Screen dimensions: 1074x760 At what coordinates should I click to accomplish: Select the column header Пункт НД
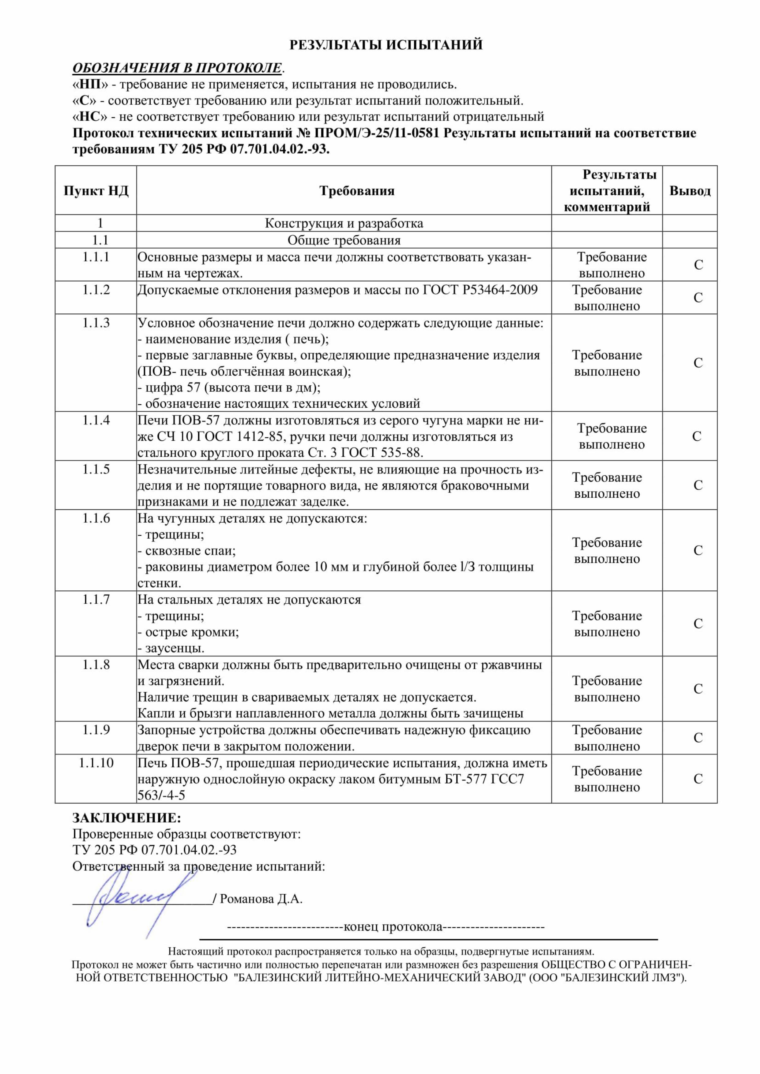[x=96, y=191]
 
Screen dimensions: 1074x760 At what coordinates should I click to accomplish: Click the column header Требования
[x=357, y=191]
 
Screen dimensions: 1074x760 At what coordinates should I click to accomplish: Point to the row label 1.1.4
[x=96, y=421]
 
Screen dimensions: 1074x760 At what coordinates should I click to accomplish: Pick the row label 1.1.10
[x=96, y=763]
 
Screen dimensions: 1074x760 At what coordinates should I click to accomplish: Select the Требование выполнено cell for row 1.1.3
[x=607, y=363]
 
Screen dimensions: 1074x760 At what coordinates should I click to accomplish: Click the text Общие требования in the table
[x=344, y=241]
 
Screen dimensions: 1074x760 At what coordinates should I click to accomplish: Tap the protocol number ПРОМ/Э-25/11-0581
[x=377, y=133]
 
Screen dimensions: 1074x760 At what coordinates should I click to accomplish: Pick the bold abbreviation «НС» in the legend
[x=90, y=117]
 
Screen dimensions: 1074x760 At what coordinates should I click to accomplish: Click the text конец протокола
[x=393, y=927]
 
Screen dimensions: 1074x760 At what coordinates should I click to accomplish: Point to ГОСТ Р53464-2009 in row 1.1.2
[x=480, y=290]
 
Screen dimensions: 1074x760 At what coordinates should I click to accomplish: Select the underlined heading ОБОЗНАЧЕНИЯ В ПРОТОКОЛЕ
[x=177, y=68]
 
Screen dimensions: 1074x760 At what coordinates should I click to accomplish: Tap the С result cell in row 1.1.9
[x=698, y=738]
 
